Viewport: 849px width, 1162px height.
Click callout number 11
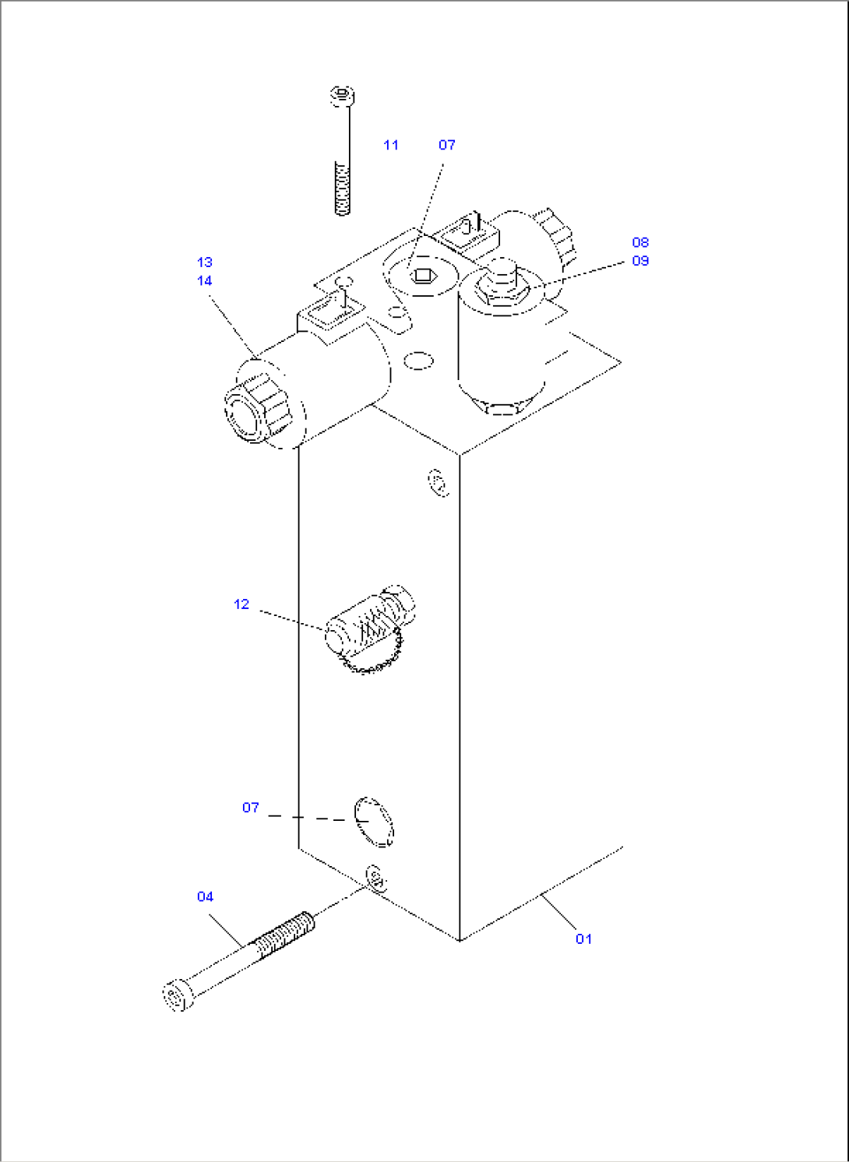click(x=391, y=145)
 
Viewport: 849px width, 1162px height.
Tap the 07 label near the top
click(x=446, y=145)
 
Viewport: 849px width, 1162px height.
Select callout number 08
click(x=640, y=242)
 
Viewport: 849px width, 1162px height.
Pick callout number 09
click(x=640, y=261)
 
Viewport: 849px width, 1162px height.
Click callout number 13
click(x=204, y=262)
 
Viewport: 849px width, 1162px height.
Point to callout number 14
click(x=204, y=280)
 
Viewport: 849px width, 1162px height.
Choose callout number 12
click(x=241, y=604)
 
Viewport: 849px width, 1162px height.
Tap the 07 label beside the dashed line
click(x=250, y=808)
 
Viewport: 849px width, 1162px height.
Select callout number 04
click(x=205, y=897)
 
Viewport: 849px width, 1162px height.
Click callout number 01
click(x=583, y=939)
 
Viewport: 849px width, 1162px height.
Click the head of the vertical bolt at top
click(x=341, y=97)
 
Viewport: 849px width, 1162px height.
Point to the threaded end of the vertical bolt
click(x=341, y=187)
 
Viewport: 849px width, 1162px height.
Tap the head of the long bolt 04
click(x=177, y=996)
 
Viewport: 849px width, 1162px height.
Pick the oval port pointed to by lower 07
click(x=374, y=821)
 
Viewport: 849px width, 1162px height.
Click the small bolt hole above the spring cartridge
click(x=439, y=482)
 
